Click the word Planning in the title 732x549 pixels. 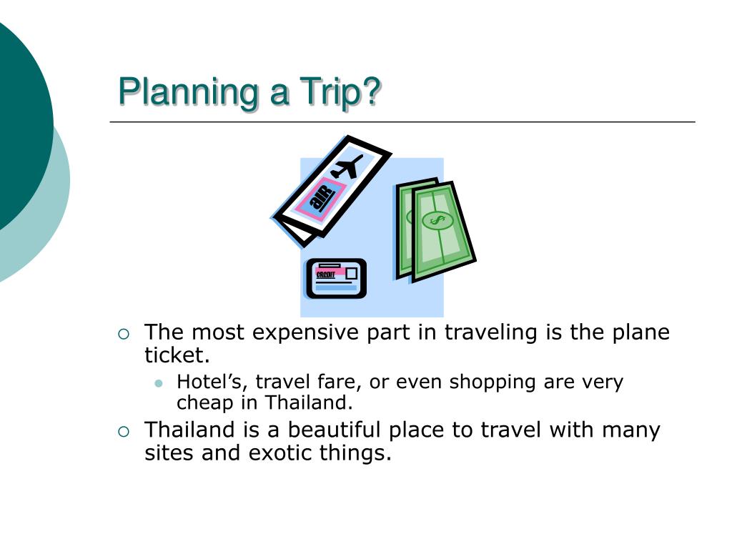coord(189,92)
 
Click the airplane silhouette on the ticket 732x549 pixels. coord(347,167)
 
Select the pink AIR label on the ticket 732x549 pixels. coord(322,196)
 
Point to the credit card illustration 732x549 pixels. coord(336,279)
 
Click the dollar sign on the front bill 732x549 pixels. coord(437,220)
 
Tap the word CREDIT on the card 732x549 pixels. coord(325,275)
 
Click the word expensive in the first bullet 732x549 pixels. coord(306,333)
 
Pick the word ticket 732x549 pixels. coord(177,355)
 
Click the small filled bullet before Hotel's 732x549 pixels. coord(159,383)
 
